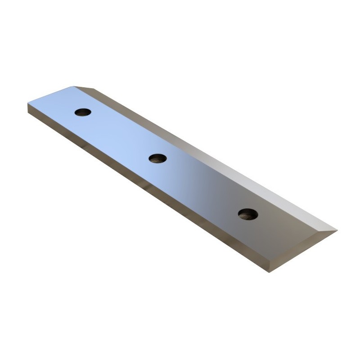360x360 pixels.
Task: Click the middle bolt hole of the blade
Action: pyautogui.click(x=157, y=158)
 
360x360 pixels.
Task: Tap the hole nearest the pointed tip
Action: pyautogui.click(x=248, y=214)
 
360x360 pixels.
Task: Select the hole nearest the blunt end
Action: pyautogui.click(x=83, y=112)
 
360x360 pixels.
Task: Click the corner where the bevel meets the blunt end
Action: pyautogui.click(x=74, y=86)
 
